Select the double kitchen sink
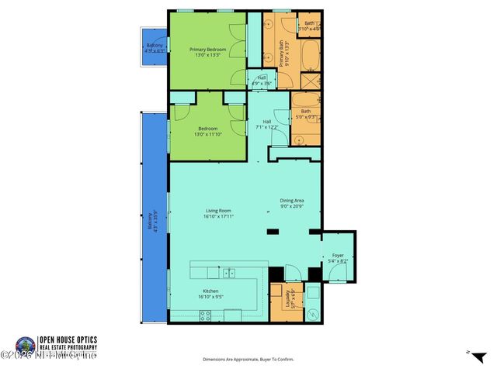(229, 272)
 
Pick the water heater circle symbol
(312, 315)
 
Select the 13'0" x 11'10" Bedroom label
(207, 131)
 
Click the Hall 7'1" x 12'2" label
(266, 124)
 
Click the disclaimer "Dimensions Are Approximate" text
(248, 360)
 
